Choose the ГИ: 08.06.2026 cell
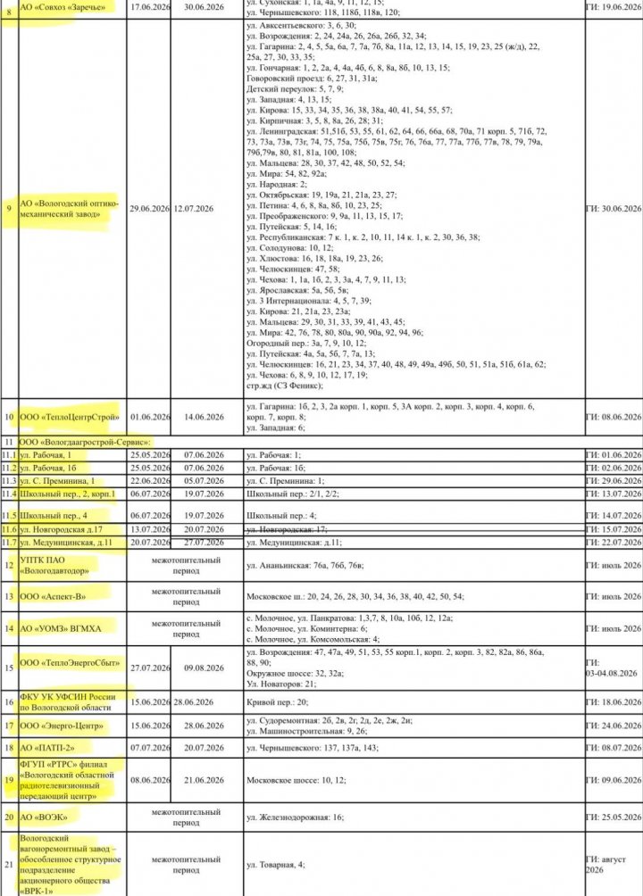pyautogui.click(x=614, y=416)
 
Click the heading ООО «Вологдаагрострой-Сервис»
pyautogui.click(x=89, y=441)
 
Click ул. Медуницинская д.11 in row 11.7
pyautogui.click(x=72, y=543)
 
